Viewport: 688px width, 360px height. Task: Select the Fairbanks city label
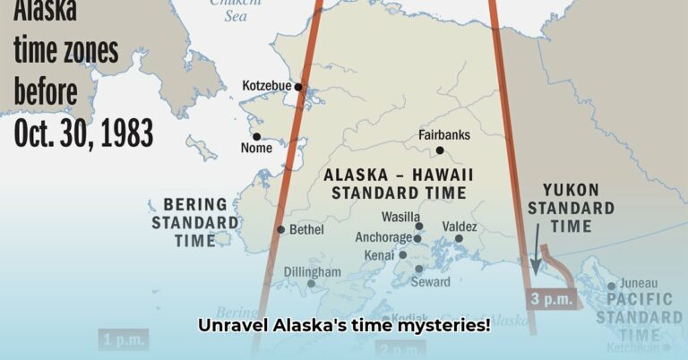[443, 136]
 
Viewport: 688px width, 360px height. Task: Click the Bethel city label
[305, 229]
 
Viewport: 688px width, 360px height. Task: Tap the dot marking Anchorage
[417, 238]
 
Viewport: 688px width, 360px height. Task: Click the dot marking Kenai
[402, 255]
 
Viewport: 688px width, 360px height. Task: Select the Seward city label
[430, 281]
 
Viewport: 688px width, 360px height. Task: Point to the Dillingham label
[312, 271]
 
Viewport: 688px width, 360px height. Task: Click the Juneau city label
[638, 286]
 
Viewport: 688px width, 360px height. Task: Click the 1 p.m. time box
[120, 339]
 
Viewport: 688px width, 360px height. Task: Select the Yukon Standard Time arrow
[537, 250]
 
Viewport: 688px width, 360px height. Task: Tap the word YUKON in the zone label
[570, 191]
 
